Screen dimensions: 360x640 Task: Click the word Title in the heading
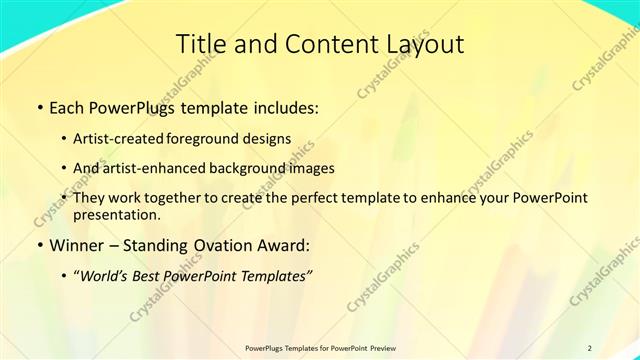pos(199,44)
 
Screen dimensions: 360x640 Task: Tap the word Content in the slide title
pos(322,44)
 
